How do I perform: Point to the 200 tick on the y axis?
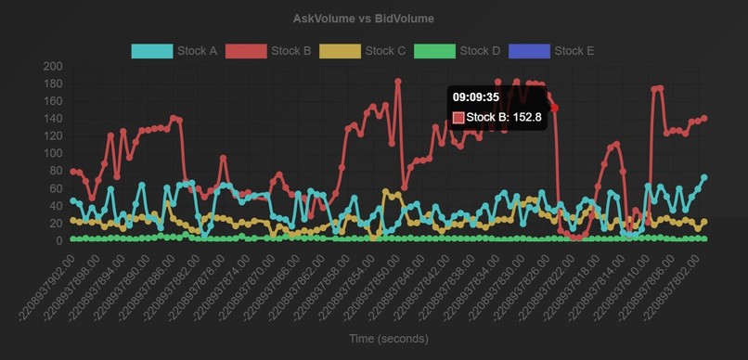52,67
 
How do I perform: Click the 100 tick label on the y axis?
52,154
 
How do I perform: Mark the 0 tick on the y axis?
58,241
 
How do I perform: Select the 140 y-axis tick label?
52,119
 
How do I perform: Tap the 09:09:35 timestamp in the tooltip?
476,96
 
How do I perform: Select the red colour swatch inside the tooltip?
458,118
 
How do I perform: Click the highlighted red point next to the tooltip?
555,109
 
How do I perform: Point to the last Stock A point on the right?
704,177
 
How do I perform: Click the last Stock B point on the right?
704,118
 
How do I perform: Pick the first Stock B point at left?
73,172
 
